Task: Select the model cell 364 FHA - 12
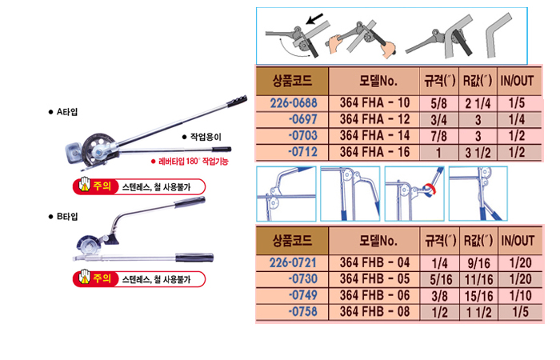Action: (374, 119)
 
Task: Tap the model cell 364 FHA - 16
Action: (374, 152)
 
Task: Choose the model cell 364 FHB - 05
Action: (374, 278)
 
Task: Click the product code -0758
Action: (301, 311)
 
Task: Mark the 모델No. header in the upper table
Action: (374, 80)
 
